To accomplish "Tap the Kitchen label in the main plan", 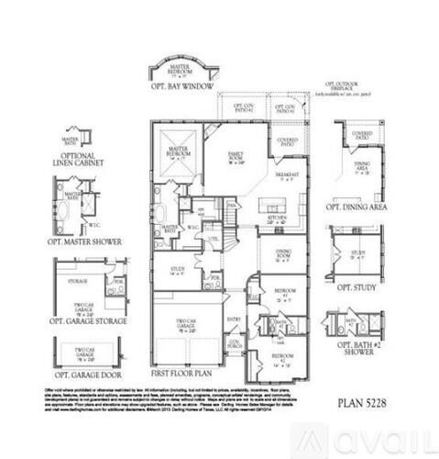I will (276, 219).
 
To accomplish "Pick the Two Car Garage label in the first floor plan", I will (188, 326).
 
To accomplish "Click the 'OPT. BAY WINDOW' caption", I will (184, 86).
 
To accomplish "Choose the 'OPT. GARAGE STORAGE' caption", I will (88, 322).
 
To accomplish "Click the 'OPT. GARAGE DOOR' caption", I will (88, 375).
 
